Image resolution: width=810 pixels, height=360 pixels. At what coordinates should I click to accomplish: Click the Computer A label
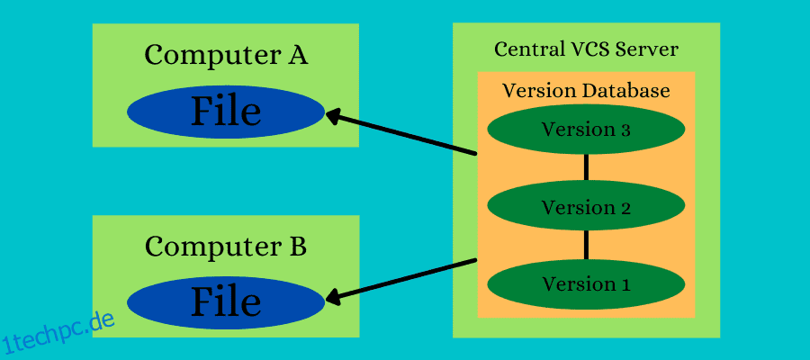click(226, 55)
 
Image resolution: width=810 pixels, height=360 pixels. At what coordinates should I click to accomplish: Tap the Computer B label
click(226, 245)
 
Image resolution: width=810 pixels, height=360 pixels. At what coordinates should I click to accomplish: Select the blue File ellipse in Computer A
click(225, 112)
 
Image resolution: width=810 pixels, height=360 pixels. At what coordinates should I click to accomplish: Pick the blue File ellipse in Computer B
click(225, 302)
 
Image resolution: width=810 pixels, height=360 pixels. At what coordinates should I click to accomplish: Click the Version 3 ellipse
click(586, 130)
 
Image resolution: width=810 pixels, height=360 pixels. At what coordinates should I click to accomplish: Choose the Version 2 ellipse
click(586, 207)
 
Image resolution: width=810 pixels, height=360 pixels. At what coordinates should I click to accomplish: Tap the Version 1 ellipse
click(586, 284)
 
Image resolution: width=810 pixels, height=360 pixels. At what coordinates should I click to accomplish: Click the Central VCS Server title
click(586, 49)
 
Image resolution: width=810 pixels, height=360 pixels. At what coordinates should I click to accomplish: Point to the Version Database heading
click(586, 91)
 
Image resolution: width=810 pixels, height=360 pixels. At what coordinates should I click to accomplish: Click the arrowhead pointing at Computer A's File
click(334, 116)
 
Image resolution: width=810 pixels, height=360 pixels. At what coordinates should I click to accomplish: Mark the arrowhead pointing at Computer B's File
click(334, 296)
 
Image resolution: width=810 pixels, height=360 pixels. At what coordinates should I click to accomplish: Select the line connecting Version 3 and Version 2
click(586, 167)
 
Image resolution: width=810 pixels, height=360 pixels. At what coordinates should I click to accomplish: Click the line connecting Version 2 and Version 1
click(586, 245)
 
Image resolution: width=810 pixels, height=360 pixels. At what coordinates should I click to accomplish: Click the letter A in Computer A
click(297, 55)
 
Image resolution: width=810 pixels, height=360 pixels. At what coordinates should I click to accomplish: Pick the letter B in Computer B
click(297, 245)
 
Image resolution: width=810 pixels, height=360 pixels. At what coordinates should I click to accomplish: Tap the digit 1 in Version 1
click(625, 284)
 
